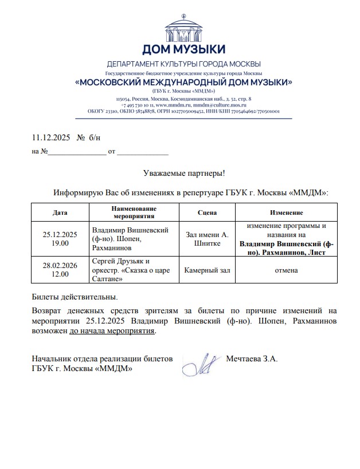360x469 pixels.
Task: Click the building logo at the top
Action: pyautogui.click(x=183, y=26)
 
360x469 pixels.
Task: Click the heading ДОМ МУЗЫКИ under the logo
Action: pyautogui.click(x=183, y=49)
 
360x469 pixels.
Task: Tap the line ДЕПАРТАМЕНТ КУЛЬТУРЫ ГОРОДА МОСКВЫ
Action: pyautogui.click(x=183, y=63)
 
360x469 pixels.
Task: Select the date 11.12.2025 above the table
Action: pyautogui.click(x=50, y=137)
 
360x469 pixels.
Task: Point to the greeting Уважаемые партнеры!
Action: pyautogui.click(x=183, y=173)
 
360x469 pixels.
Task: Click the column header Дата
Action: pyautogui.click(x=60, y=212)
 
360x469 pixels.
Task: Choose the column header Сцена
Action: pyautogui.click(x=207, y=212)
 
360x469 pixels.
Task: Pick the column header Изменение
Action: pyautogui.click(x=287, y=212)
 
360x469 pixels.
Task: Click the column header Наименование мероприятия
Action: pyautogui.click(x=134, y=212)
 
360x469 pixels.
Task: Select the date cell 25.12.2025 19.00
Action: pyautogui.click(x=60, y=239)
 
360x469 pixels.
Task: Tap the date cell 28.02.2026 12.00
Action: pyautogui.click(x=60, y=270)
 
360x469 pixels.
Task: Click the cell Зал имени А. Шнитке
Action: pyautogui.click(x=207, y=239)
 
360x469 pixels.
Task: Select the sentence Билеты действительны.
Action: pyautogui.click(x=75, y=297)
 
